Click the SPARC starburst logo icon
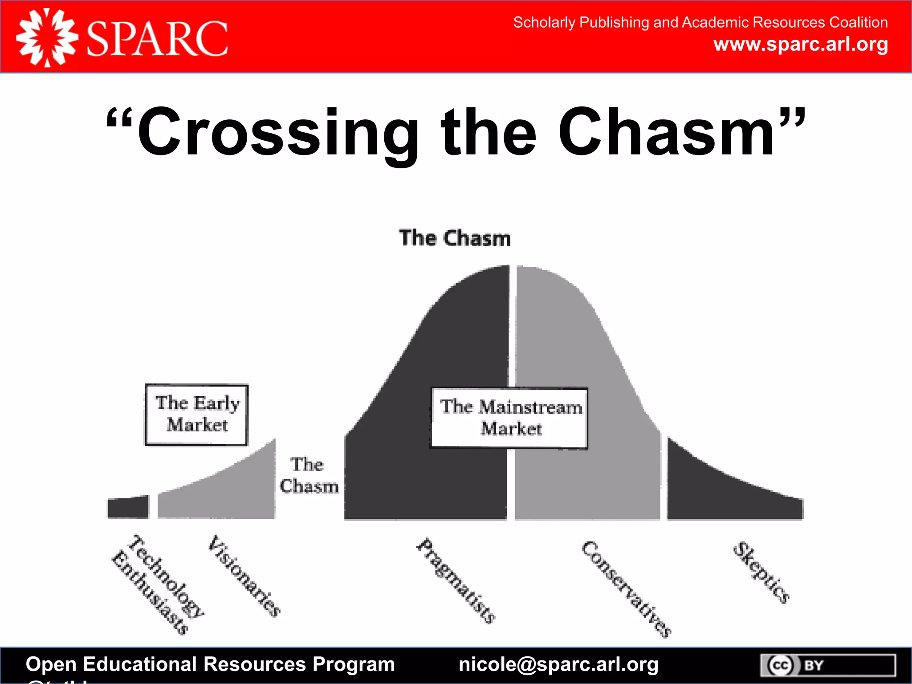47,38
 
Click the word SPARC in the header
157,39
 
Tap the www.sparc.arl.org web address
800,45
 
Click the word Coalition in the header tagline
859,22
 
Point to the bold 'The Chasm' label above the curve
455,238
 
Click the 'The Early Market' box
196,415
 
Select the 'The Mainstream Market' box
510,418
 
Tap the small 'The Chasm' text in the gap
309,476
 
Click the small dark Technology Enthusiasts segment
128,507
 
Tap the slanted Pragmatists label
456,580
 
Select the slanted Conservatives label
626,589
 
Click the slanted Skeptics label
761,572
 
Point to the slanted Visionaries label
244,576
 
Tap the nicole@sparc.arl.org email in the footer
558,664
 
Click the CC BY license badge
827,665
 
